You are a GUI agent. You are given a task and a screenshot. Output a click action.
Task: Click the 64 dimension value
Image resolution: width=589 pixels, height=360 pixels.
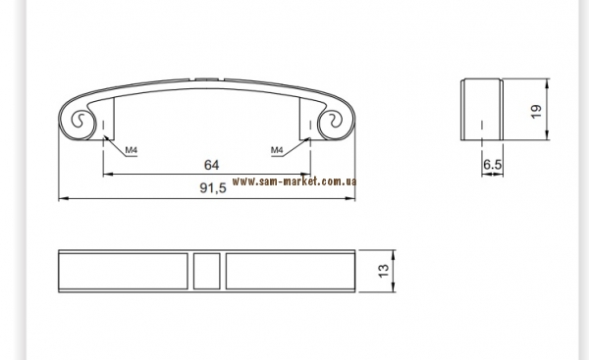211,165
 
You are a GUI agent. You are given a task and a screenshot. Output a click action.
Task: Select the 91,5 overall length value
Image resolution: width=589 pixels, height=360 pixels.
213,187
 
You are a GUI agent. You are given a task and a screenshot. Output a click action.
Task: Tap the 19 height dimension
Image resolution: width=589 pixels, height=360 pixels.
536,112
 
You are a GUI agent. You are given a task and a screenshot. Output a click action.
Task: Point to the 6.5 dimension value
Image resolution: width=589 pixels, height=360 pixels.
493,165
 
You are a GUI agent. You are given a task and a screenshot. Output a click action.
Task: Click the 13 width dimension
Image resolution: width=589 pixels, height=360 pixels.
384,271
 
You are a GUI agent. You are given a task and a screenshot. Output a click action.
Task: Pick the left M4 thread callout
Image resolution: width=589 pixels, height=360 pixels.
132,150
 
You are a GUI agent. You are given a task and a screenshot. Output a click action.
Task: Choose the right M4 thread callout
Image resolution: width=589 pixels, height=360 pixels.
277,150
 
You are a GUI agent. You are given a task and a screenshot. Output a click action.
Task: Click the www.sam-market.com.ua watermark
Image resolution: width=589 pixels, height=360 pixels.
294,181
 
